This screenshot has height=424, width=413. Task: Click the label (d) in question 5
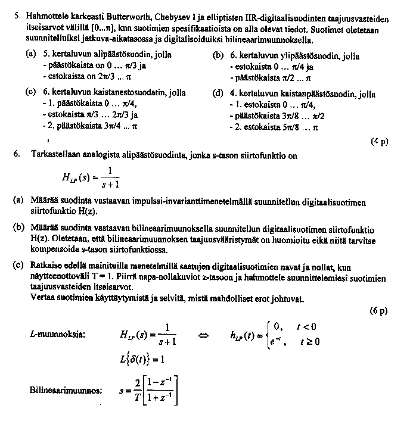tap(218, 93)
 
